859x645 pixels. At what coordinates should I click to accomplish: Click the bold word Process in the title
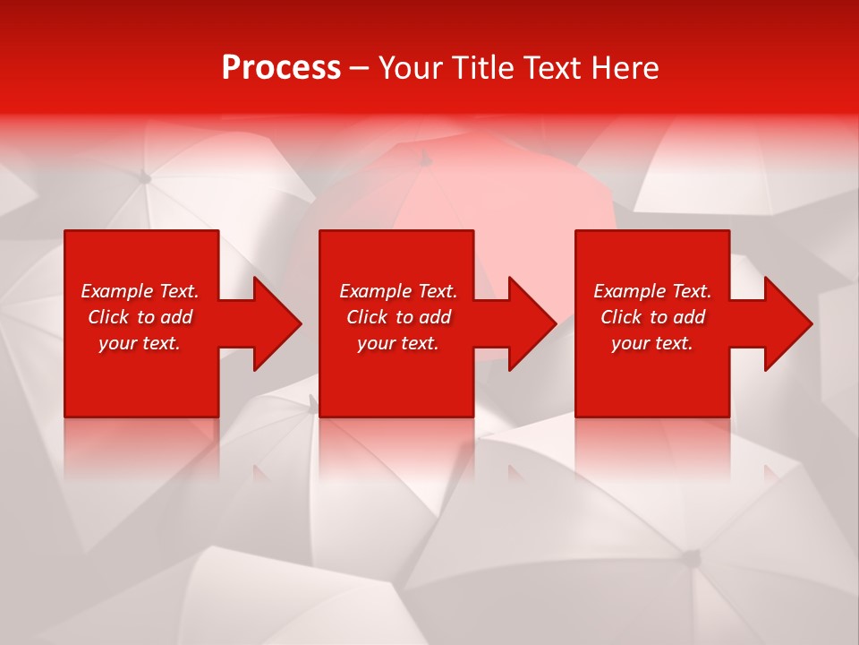pyautogui.click(x=281, y=68)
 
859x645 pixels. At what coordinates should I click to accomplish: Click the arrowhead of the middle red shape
pyautogui.click(x=534, y=323)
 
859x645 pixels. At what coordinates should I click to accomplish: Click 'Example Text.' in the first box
pyautogui.click(x=140, y=291)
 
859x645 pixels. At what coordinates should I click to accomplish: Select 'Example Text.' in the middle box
pyautogui.click(x=398, y=291)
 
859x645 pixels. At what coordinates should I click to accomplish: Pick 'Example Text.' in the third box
pyautogui.click(x=652, y=291)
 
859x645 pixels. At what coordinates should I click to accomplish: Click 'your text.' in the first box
pyautogui.click(x=140, y=343)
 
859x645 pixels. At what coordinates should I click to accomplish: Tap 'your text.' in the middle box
pyautogui.click(x=398, y=343)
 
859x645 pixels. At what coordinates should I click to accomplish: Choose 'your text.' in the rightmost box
pyautogui.click(x=652, y=343)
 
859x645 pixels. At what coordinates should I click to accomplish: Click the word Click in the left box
pyautogui.click(x=109, y=317)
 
